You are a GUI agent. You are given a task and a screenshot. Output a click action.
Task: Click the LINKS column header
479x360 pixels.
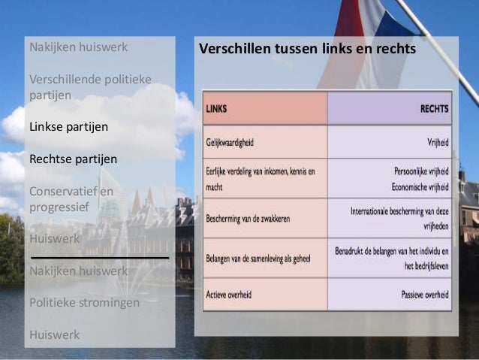[216, 109]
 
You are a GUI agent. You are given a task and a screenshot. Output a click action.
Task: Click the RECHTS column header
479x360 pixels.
[435, 109]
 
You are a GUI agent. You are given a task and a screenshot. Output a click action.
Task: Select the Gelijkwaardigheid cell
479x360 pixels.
[236, 141]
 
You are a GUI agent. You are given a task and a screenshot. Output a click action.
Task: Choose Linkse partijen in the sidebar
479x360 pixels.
[68, 126]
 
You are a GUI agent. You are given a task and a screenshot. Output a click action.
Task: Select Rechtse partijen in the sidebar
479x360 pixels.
[73, 159]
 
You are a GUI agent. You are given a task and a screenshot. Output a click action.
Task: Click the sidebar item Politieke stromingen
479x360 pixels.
[84, 303]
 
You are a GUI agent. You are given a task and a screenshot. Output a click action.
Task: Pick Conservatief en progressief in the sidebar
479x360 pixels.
[71, 199]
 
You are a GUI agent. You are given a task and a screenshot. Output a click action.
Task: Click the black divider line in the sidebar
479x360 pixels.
[98, 257]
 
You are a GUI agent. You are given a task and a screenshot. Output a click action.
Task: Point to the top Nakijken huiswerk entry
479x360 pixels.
[78, 47]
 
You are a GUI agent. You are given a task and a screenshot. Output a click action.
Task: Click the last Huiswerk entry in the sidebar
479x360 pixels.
[54, 334]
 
